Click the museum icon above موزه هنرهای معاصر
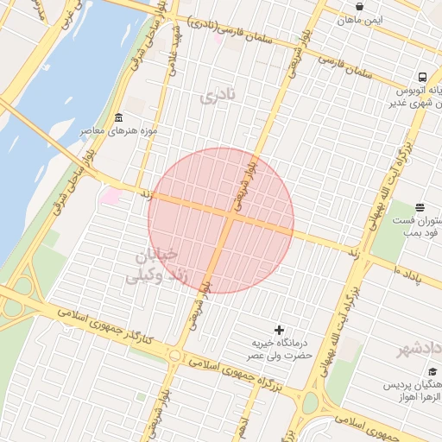(118, 117)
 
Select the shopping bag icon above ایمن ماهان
(359, 6)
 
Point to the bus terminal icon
(422, 77)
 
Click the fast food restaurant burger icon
(420, 207)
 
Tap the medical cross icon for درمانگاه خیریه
(278, 329)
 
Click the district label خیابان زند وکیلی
(153, 266)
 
